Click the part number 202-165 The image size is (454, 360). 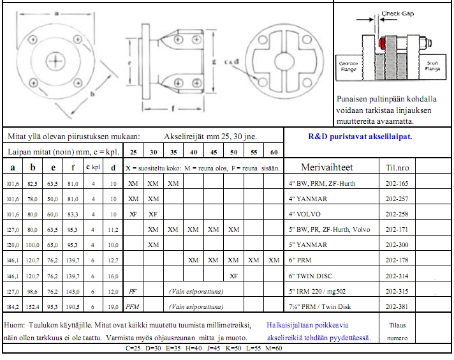coord(399,183)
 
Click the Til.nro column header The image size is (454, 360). coord(398,167)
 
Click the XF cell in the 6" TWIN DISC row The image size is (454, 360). coord(233,275)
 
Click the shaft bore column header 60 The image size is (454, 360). coord(274,153)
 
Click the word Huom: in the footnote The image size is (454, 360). coord(15,325)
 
